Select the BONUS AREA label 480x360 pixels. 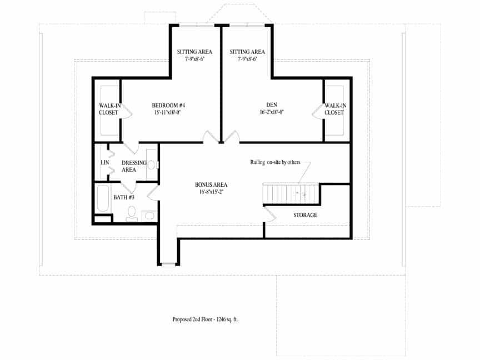(211, 185)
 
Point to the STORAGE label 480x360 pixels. (305, 215)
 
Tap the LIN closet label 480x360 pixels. (104, 163)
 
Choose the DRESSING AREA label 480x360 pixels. (133, 166)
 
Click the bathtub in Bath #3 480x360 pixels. (103, 198)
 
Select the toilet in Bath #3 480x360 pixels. (132, 213)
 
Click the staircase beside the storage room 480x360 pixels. (291, 194)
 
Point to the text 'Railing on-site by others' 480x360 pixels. (275, 162)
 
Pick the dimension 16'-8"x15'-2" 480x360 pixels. (211, 192)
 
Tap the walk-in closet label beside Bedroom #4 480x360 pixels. (108, 109)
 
